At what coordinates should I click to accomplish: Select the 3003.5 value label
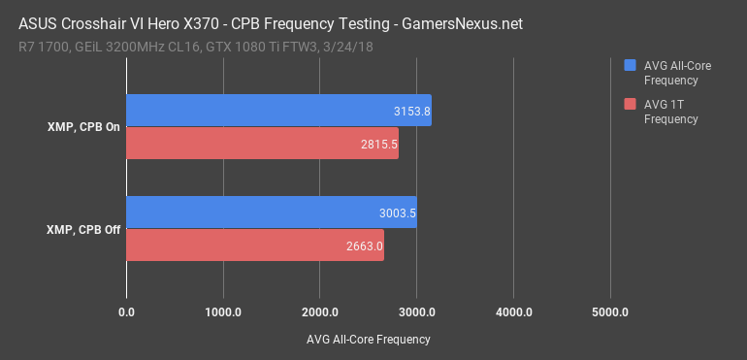pos(398,213)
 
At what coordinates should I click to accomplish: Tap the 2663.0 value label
pos(364,245)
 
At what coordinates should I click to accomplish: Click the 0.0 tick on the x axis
pos(126,312)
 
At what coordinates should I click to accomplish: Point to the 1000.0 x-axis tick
pos(223,312)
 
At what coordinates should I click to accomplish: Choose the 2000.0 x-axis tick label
pos(320,312)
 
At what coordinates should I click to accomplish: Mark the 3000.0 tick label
pos(417,312)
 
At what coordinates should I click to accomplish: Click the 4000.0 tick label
pos(514,312)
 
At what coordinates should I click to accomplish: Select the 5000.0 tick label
pos(611,312)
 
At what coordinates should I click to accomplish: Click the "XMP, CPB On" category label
pos(84,127)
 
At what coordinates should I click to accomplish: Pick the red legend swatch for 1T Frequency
pos(630,105)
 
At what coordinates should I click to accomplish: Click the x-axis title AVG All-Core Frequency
pos(368,340)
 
